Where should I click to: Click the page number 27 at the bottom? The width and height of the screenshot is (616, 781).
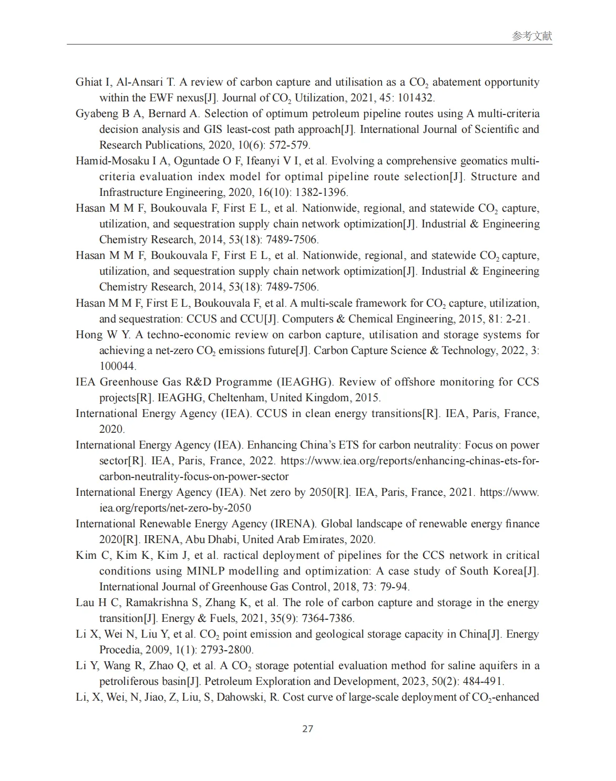308,728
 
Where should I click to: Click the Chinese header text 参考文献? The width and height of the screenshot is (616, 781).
532,36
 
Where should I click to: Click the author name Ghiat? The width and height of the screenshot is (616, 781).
89,82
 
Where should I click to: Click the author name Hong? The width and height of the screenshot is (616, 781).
89,335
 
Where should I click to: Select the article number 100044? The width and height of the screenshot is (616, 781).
117,366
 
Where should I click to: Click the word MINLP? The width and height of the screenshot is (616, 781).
204,571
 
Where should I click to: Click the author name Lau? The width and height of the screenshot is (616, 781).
85,602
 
